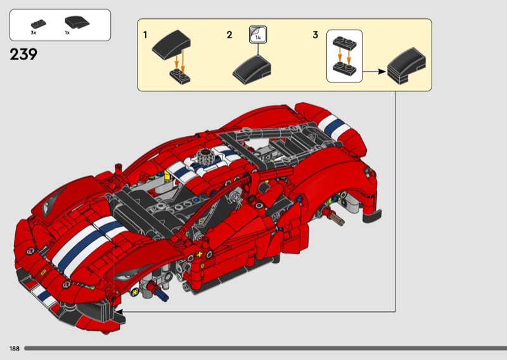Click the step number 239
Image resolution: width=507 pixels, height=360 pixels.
coord(23,55)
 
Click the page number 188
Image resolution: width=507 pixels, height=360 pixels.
coord(15,349)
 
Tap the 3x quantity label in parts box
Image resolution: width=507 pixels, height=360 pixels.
coord(34,33)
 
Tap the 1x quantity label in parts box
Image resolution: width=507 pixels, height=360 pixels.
coord(67,33)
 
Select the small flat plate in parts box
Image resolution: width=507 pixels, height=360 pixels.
coord(39,24)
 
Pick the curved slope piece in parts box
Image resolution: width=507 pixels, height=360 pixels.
coord(77,23)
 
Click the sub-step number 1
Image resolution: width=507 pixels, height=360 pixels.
coord(145,35)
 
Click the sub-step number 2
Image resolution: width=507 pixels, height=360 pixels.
coord(229,35)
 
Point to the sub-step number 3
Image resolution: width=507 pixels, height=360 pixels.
coord(315,35)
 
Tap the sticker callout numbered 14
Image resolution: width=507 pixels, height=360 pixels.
coord(258,34)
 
